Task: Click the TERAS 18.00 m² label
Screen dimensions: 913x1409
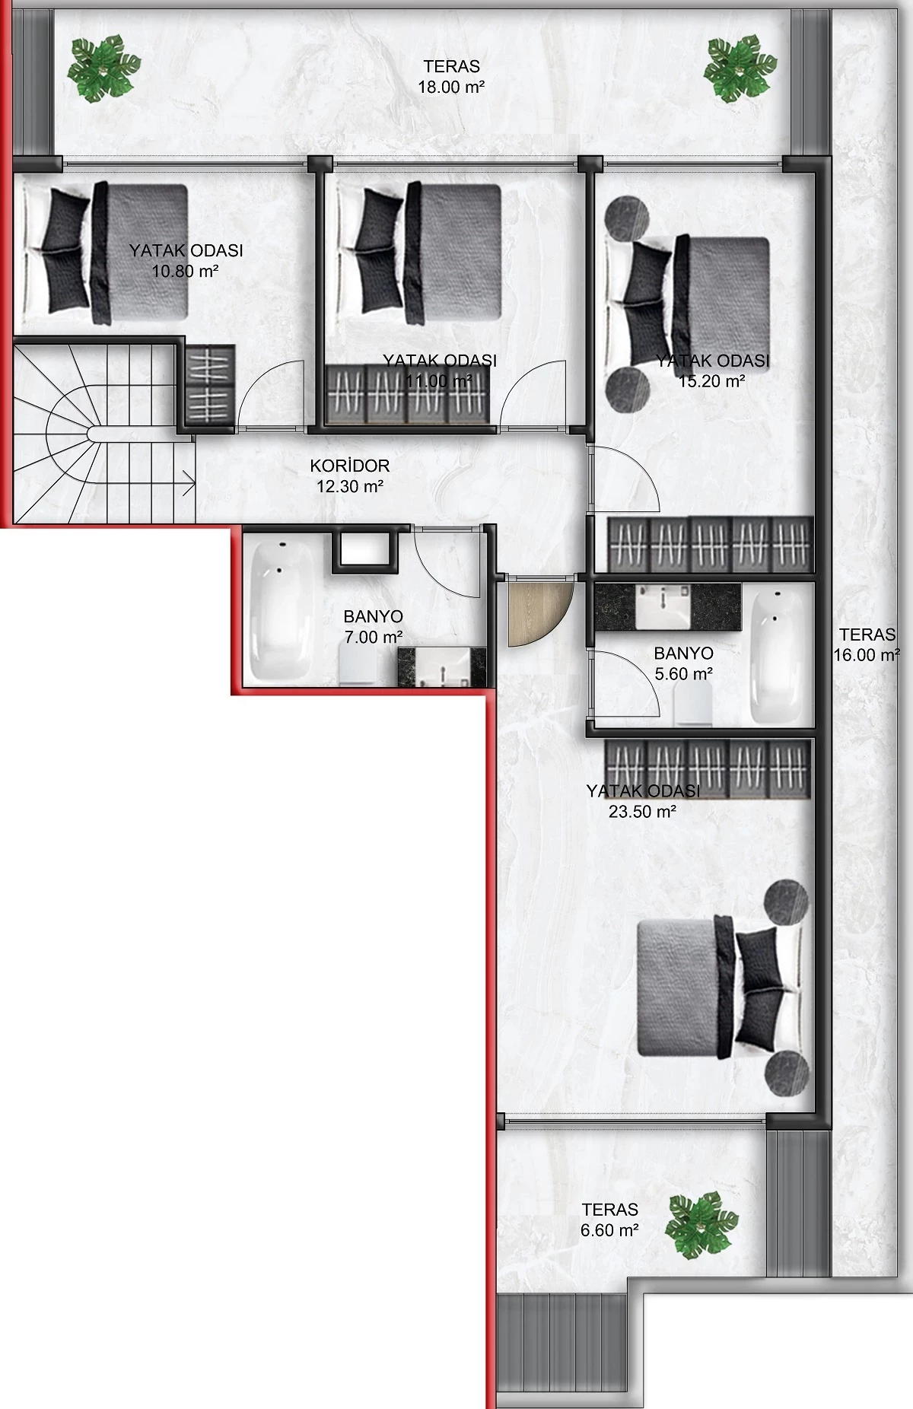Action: [451, 77]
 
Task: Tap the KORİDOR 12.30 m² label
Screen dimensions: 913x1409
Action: [350, 476]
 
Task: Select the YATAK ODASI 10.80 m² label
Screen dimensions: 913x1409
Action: [186, 260]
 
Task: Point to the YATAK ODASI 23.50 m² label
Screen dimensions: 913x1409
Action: [643, 801]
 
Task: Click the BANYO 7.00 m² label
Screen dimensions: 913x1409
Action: [373, 627]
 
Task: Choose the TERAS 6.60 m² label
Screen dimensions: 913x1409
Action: [609, 1220]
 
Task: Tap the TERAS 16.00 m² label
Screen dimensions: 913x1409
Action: [867, 644]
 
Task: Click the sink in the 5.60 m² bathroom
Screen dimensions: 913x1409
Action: [663, 606]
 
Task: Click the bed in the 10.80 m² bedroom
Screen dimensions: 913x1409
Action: [106, 252]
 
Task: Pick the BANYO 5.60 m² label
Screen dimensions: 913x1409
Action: [683, 663]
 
